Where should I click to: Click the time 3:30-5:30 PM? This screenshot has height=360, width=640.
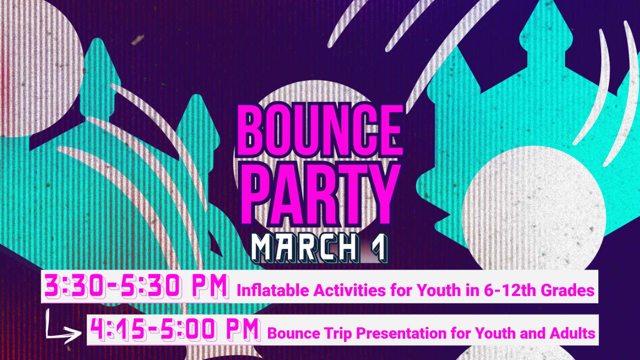coord(136,286)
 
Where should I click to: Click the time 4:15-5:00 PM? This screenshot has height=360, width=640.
coord(175,330)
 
